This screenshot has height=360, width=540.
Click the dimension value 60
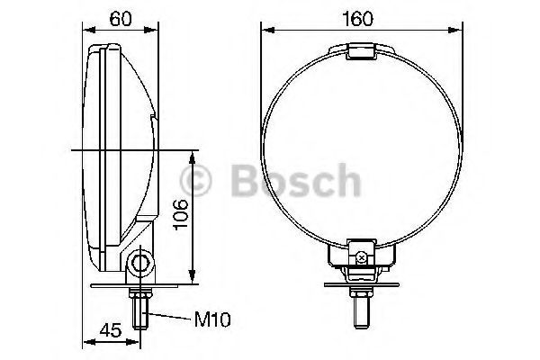point(121,19)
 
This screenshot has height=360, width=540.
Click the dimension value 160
point(357,19)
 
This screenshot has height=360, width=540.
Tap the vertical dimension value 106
point(181,214)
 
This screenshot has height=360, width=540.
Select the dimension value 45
point(111,330)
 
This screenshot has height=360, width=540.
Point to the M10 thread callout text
point(212,319)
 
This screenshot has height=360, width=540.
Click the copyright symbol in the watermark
point(196,180)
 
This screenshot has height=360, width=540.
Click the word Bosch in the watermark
point(296,180)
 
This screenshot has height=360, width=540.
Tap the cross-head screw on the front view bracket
point(361,257)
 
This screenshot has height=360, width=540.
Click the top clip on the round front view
point(360,51)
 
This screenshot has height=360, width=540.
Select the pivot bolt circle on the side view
point(140,264)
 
